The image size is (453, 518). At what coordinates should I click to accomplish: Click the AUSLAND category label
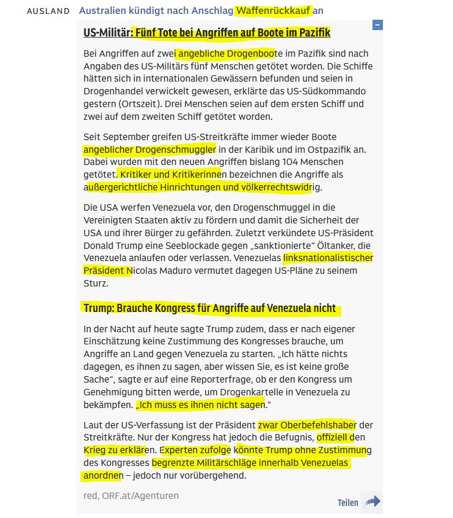tap(48, 11)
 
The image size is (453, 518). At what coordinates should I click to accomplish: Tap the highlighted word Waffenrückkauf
tap(273, 10)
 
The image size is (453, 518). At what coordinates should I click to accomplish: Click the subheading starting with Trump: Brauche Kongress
tap(210, 308)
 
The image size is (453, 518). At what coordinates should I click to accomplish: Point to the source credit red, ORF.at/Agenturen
tap(131, 495)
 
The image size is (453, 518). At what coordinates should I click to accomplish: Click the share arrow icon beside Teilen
tap(373, 502)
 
